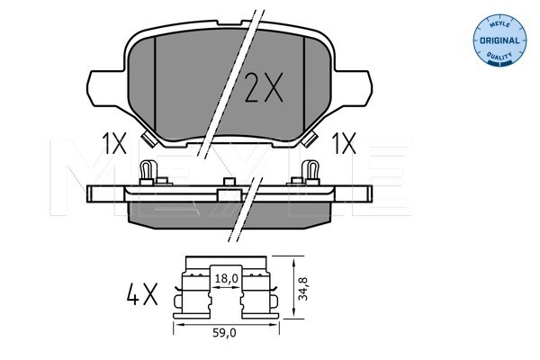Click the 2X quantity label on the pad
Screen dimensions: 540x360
pos(264,87)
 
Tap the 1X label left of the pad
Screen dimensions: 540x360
pos(114,144)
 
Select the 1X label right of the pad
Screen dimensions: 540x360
pos(344,144)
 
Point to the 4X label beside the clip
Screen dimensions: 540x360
pos(142,294)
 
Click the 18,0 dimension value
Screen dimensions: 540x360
pos(226,278)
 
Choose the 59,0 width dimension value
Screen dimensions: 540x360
pos(224,333)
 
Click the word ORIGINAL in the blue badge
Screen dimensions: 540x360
pos(499,40)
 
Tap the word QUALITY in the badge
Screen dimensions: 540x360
pos(499,55)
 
